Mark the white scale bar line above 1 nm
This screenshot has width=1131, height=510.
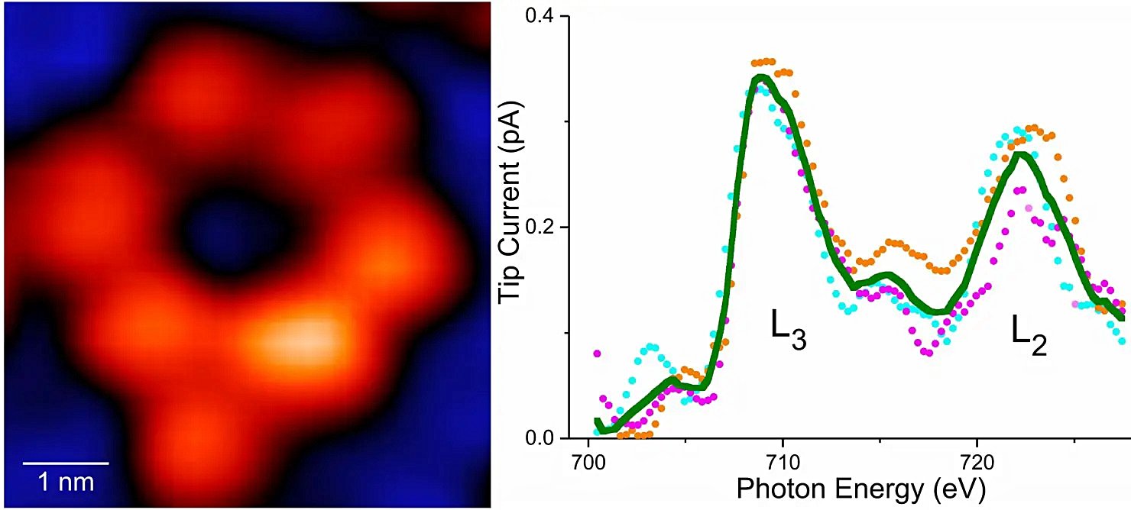point(66,462)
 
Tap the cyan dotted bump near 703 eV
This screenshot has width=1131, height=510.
point(650,347)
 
